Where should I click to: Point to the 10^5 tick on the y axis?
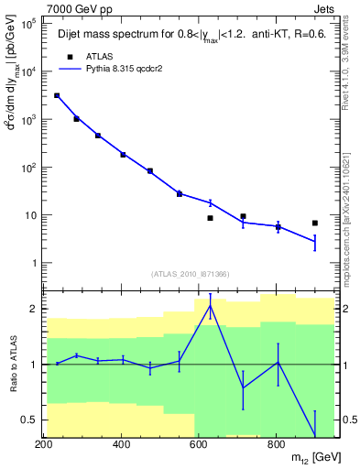(x=29, y=24)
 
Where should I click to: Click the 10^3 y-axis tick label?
(x=29, y=120)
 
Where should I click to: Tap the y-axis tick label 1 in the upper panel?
(x=35, y=264)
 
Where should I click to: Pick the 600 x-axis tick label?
(x=198, y=443)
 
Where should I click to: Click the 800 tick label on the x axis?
(x=275, y=443)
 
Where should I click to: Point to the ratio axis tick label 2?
(x=34, y=309)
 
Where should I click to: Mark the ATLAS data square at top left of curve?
(x=57, y=95)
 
